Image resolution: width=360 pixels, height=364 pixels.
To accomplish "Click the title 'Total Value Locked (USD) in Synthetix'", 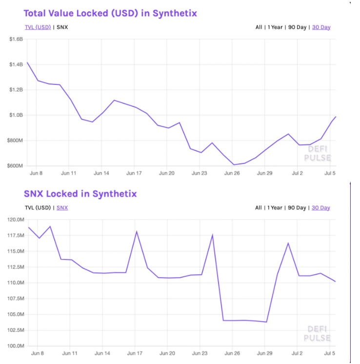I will click(110, 13).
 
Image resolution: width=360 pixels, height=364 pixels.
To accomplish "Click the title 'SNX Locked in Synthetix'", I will click(80, 194).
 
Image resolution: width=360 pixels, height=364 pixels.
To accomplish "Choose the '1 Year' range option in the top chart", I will click(275, 27).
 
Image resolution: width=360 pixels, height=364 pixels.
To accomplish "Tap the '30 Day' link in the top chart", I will click(321, 27).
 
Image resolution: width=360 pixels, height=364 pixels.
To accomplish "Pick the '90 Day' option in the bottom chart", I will click(297, 207).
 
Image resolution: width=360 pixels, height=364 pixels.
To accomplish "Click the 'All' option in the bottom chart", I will click(259, 207).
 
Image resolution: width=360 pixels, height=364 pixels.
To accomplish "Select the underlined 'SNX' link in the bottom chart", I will click(62, 207).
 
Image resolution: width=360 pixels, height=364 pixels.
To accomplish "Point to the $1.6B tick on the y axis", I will click(17, 39).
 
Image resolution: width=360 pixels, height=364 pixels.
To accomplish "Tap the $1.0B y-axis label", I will click(17, 115).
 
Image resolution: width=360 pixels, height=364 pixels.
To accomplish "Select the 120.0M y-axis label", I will click(15, 220).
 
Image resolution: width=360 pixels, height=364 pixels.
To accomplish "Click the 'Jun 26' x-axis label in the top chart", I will click(232, 173).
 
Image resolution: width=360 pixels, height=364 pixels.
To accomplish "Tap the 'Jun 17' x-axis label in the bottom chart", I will click(134, 353).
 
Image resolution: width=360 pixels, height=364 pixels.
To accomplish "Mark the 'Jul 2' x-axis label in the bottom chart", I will click(297, 353).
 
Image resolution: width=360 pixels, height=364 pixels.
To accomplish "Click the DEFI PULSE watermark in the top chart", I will click(317, 153).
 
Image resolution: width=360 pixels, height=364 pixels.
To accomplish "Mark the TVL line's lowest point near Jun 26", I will click(233, 164).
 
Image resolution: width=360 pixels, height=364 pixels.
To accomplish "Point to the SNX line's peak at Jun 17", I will click(137, 231).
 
